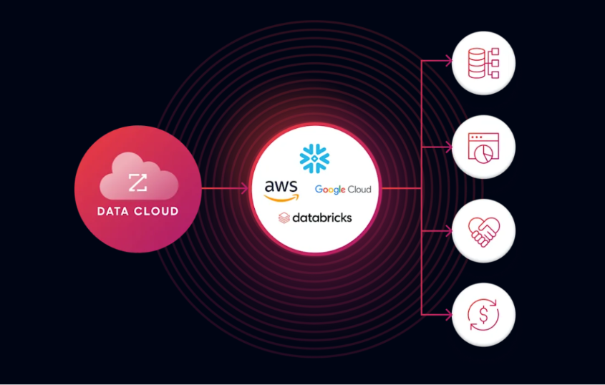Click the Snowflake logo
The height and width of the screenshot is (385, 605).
pos(314,158)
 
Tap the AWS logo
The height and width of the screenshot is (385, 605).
pos(281,190)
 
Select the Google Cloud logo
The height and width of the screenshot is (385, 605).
pos(343,190)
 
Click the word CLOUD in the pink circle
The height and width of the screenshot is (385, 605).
pos(156,211)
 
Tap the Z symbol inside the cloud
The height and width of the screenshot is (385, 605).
pos(137,182)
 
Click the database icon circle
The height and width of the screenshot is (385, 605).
pos(483,63)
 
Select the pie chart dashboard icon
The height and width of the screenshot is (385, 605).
pos(483,147)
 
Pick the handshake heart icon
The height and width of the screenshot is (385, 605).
pos(483,232)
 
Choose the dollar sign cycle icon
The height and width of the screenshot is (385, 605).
pos(483,315)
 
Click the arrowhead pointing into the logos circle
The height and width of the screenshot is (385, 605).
pos(244,189)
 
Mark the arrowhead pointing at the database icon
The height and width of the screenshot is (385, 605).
pos(448,61)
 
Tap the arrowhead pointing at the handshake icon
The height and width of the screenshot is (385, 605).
pos(448,231)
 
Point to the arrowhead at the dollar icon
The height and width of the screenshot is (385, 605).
pos(448,315)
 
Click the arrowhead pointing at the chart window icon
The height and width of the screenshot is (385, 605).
pos(448,147)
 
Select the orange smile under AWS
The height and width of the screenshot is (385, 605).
pos(281,198)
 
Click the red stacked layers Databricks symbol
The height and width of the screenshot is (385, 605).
pos(284,218)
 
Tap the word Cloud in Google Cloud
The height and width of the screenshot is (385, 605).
pos(359,189)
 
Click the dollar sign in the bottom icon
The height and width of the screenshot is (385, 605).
pos(483,315)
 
